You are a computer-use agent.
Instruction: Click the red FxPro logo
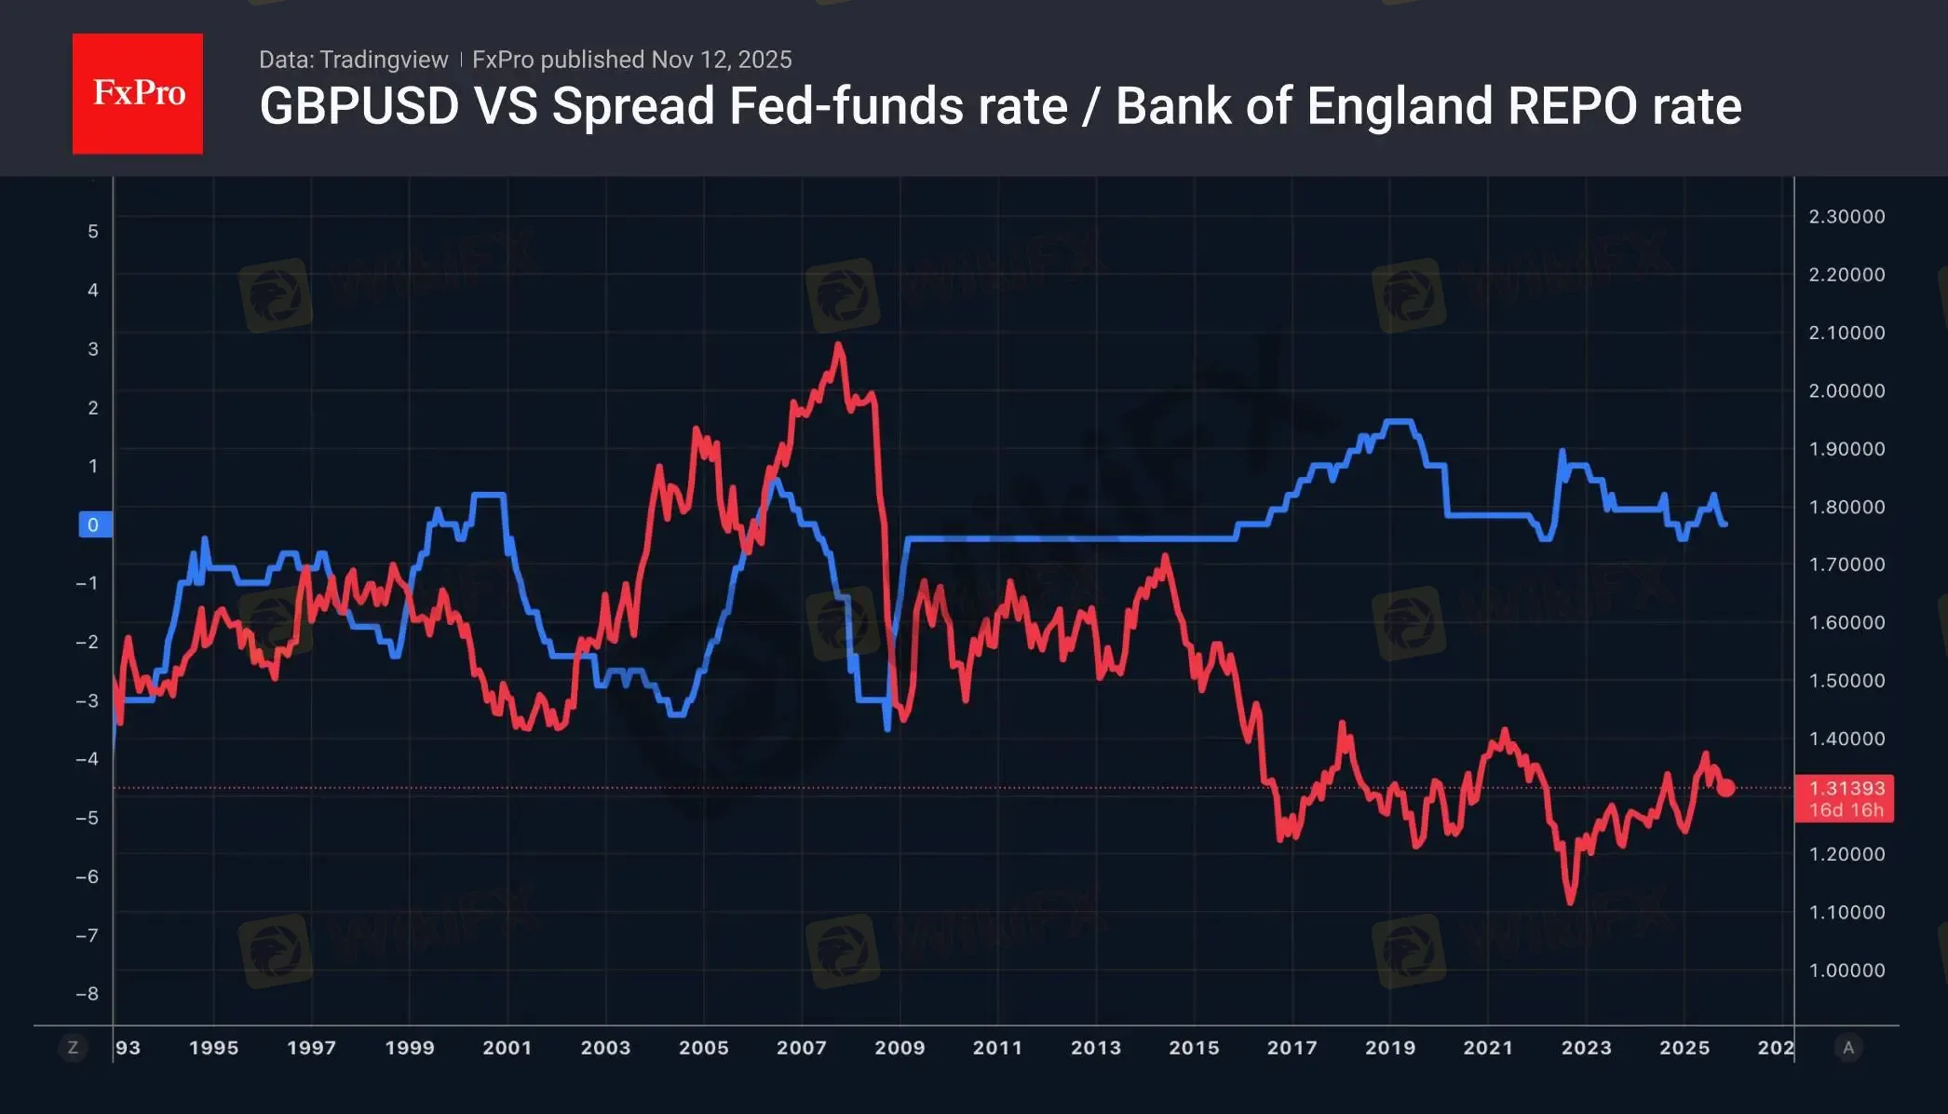pos(138,93)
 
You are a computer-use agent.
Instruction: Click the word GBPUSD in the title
pos(359,106)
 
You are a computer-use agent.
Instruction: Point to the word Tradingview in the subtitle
pos(384,60)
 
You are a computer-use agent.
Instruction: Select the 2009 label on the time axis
pos(900,1048)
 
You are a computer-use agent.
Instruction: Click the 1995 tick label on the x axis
pos(213,1048)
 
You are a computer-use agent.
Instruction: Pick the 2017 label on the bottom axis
pos(1292,1048)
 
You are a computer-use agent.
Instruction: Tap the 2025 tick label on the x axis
pos(1684,1048)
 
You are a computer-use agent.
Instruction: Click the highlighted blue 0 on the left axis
pos(93,524)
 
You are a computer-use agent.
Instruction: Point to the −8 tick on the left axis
pos(88,994)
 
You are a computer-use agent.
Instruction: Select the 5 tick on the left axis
pos(93,231)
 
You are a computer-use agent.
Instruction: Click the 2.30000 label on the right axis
pos(1847,216)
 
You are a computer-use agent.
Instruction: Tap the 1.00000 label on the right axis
pos(1847,971)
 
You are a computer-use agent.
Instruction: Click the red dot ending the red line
pos(1725,788)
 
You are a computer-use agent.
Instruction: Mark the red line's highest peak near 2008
pos(839,346)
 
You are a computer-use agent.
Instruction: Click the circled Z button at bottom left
pos(73,1048)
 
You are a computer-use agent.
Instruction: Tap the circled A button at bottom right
pos(1848,1048)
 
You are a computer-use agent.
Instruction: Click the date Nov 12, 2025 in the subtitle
pos(722,60)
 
